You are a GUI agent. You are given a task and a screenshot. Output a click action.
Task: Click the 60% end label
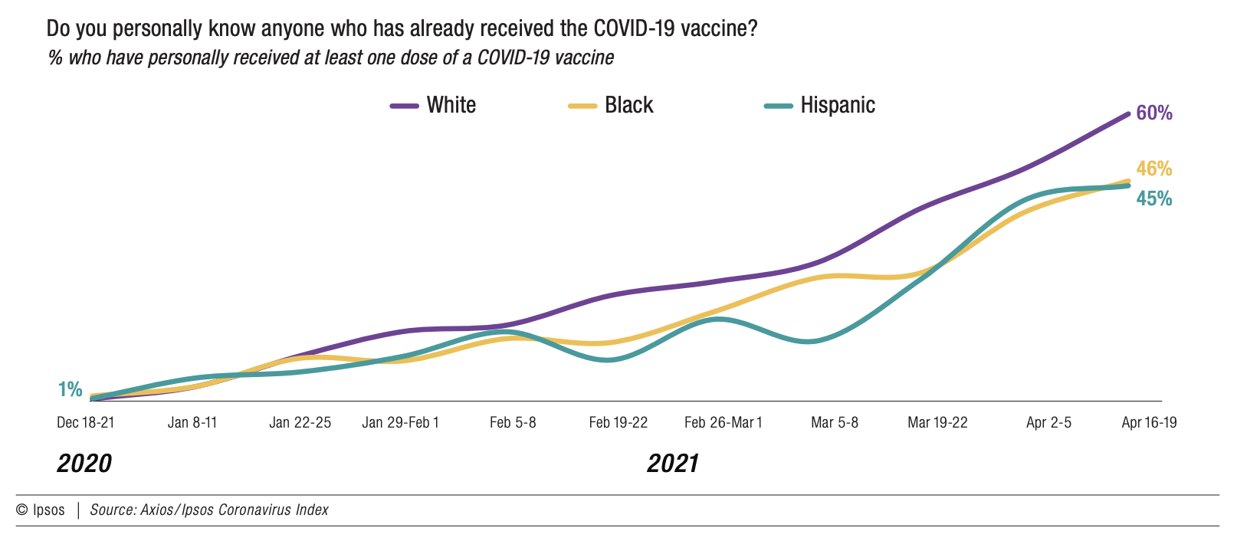click(1153, 113)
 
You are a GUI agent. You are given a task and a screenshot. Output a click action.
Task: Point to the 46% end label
click(1153, 169)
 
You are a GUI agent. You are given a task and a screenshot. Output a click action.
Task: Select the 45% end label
click(1153, 199)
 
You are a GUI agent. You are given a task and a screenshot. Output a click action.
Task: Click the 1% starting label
click(70, 389)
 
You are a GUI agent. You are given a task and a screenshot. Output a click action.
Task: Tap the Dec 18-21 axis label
click(85, 422)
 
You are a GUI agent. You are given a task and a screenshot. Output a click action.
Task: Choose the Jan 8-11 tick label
click(192, 422)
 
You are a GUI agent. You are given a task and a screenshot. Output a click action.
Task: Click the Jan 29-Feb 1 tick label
click(400, 422)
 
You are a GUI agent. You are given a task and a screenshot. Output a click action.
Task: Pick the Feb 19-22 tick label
click(618, 422)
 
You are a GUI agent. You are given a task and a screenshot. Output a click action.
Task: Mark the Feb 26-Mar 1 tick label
click(723, 422)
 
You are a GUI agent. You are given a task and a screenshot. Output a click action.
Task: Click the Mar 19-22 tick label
click(937, 422)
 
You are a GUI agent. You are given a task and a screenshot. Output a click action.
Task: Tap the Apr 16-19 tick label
click(1148, 422)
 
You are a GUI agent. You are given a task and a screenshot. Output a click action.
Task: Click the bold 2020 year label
click(84, 464)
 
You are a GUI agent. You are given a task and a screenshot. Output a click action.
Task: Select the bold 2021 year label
click(672, 464)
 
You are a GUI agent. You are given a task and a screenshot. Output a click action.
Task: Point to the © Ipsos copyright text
click(41, 510)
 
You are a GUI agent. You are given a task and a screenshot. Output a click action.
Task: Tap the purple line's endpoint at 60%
click(1127, 113)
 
